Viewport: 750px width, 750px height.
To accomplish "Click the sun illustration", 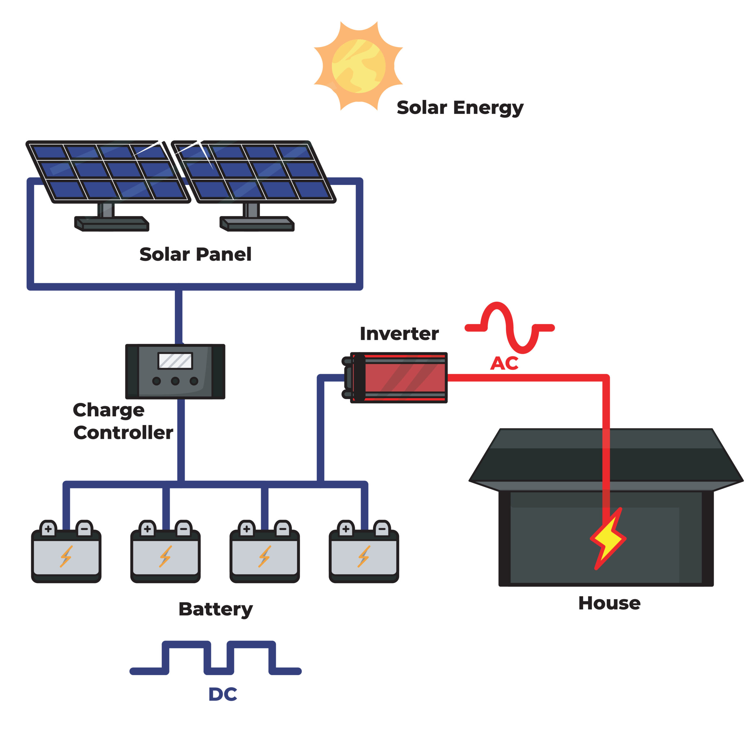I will (x=358, y=66).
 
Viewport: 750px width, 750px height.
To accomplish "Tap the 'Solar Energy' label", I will (x=460, y=108).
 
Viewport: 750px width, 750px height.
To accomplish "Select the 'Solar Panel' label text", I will (x=195, y=255).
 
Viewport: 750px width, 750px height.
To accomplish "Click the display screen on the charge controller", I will (x=175, y=361).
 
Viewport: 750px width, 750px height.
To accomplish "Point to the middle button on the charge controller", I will (x=175, y=381).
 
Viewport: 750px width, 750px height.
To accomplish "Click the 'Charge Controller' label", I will (x=123, y=421).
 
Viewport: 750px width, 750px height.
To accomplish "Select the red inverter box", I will (x=404, y=378).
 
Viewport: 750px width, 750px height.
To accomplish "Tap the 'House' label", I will (x=609, y=603).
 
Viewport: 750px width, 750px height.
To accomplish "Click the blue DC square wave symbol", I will (x=215, y=658).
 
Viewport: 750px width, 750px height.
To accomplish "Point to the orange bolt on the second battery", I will (x=165, y=556).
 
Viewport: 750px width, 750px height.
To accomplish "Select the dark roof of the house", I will (x=606, y=456).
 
